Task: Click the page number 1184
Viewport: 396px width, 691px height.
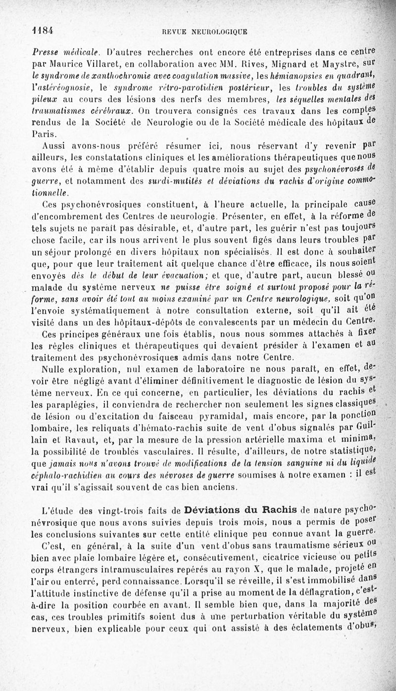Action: coord(42,30)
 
